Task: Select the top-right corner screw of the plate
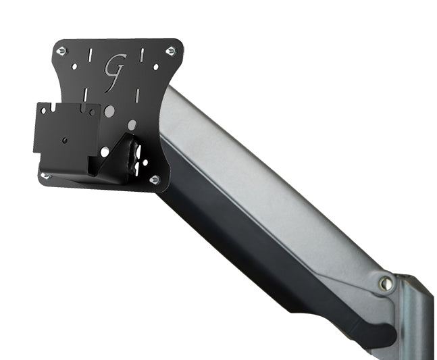(x=170, y=51)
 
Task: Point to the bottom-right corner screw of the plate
(x=154, y=179)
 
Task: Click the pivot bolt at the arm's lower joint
(x=386, y=284)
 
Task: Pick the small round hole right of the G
(x=156, y=68)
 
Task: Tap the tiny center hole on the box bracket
(x=65, y=140)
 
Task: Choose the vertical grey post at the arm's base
(x=415, y=317)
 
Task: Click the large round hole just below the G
(x=109, y=109)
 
